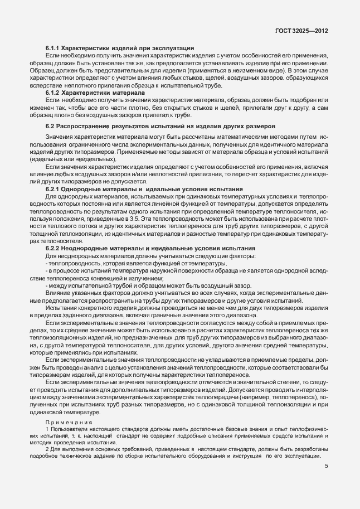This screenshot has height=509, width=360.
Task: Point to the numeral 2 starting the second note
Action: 46,448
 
